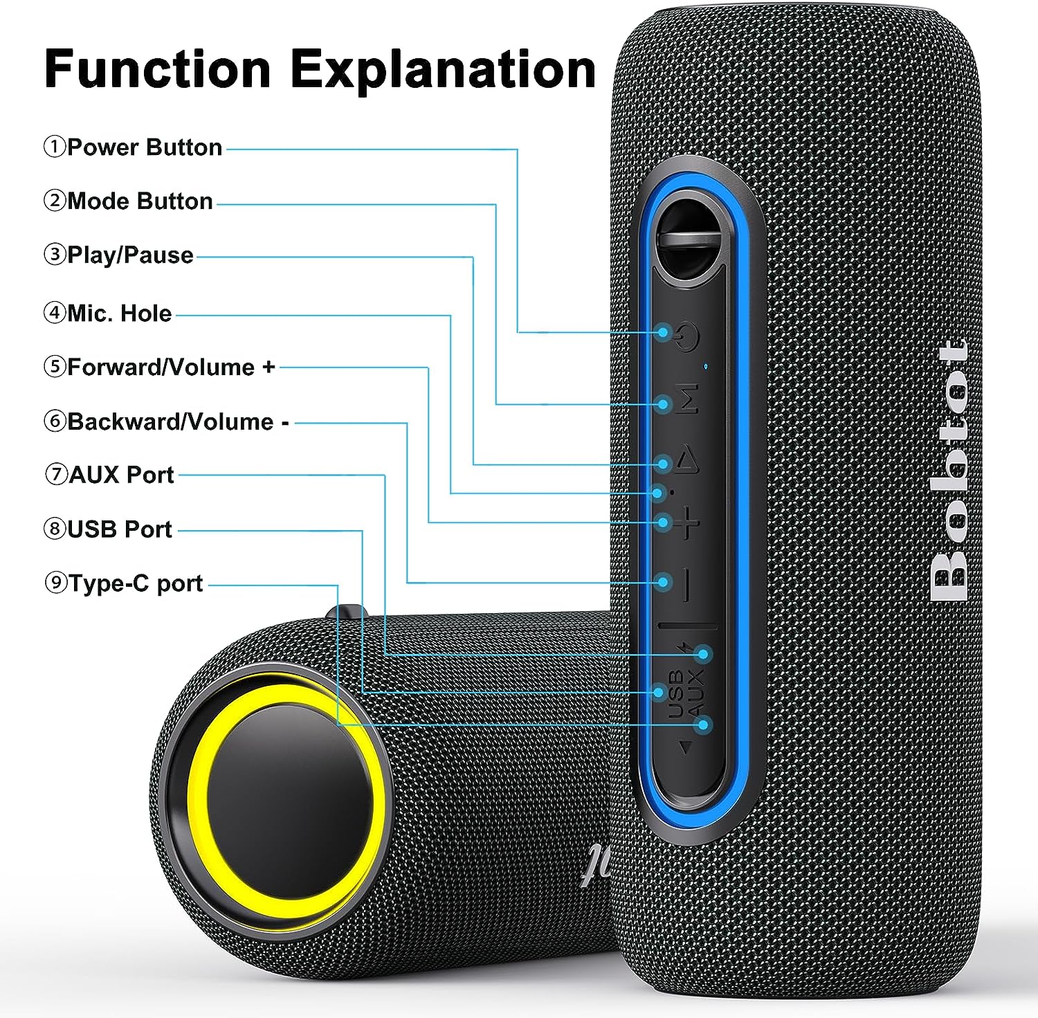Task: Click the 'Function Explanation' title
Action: (320, 69)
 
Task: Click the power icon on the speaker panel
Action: (687, 337)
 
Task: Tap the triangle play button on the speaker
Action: (687, 460)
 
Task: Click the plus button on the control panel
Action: (687, 522)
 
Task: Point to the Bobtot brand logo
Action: (949, 471)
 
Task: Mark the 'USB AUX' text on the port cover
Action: (686, 692)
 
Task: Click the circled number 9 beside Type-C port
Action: (55, 583)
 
